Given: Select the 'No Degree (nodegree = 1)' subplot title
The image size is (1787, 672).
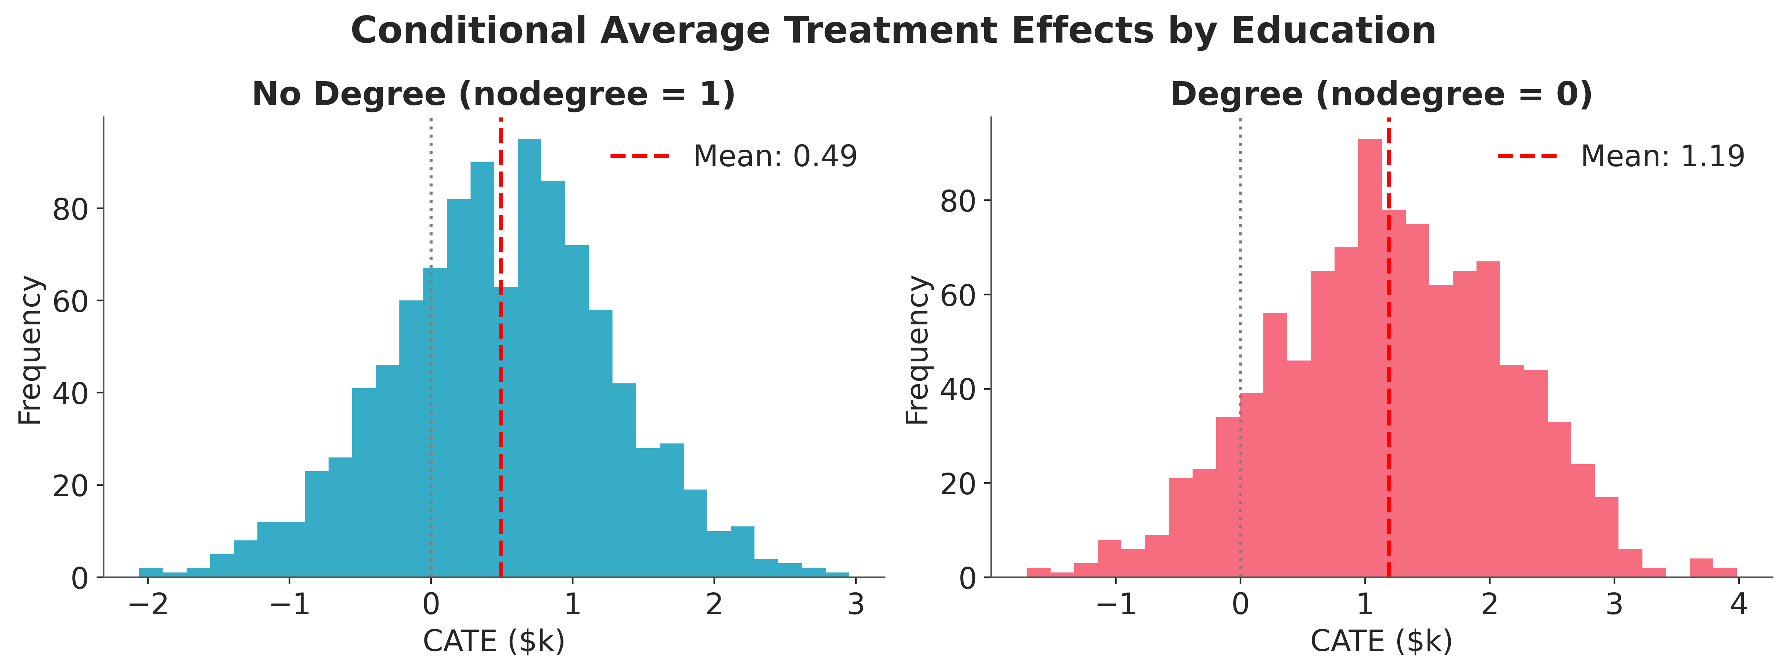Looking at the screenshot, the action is click(x=493, y=94).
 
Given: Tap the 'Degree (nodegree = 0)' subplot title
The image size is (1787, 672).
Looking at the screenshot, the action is click(x=1381, y=94).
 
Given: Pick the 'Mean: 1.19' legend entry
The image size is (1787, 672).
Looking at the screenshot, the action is click(x=1621, y=156).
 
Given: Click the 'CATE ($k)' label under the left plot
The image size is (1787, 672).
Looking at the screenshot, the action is click(x=494, y=641).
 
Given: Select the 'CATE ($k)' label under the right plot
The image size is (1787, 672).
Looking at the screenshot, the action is click(x=1381, y=641).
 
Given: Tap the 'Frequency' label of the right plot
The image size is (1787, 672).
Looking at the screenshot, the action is click(x=918, y=350).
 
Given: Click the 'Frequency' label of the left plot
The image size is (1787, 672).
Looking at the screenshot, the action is click(x=31, y=350).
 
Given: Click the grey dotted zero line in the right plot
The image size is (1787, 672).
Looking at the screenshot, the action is click(x=1241, y=347).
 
